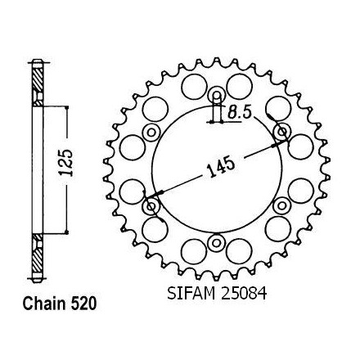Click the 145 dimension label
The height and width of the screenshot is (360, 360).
221,167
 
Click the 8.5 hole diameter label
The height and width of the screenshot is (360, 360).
239,112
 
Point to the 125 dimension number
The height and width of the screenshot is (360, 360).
66,163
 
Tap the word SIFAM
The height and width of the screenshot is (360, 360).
191,294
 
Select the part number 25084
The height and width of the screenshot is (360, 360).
244,294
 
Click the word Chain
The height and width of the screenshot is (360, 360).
44,304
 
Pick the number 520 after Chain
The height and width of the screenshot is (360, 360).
83,304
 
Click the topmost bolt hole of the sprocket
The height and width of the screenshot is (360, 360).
217,95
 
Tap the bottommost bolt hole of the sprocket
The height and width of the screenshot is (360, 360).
217,243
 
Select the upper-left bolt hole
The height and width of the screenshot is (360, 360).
151,133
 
